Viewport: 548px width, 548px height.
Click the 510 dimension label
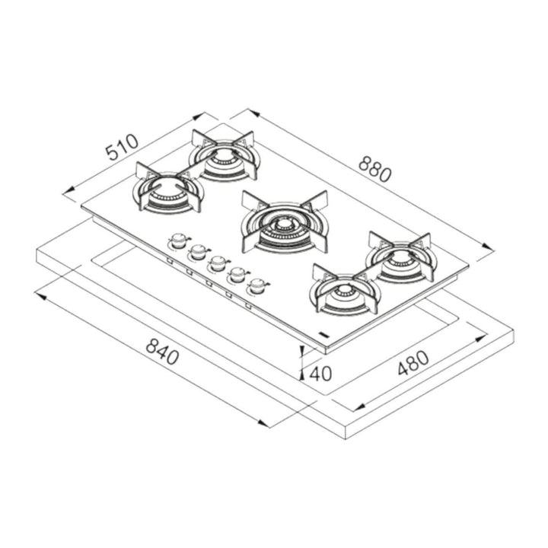[x=122, y=148]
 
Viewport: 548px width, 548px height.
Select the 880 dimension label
[x=375, y=170]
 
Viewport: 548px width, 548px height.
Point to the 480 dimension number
[x=413, y=363]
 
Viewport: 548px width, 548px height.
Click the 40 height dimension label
[x=320, y=374]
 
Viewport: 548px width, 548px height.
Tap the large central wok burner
[x=285, y=223]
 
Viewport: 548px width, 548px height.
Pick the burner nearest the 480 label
[x=344, y=290]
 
